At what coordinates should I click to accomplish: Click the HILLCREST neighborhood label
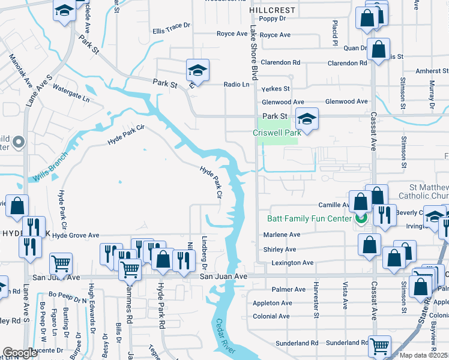tap(273, 11)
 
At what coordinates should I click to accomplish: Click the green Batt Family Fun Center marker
tap(361, 219)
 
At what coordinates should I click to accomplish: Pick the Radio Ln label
tap(236, 85)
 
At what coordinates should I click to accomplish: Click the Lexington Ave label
tap(292, 263)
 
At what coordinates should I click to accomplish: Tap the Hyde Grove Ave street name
tap(76, 236)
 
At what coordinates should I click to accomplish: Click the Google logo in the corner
tap(20, 353)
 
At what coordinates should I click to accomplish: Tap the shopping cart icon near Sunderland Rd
tap(379, 345)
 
